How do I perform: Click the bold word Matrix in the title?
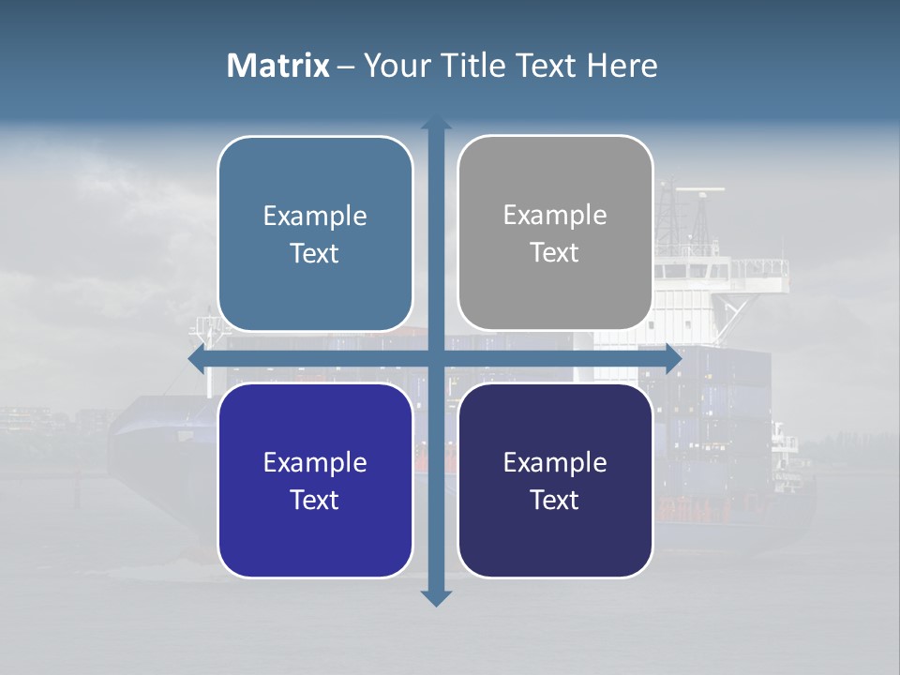(277, 66)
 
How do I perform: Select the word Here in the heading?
(622, 66)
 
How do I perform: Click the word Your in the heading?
(393, 66)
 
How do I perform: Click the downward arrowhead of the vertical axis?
(436, 597)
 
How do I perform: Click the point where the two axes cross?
(436, 359)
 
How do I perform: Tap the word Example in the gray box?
(555, 216)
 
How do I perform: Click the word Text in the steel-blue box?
(315, 254)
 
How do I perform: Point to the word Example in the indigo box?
(315, 462)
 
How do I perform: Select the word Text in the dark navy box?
(555, 501)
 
